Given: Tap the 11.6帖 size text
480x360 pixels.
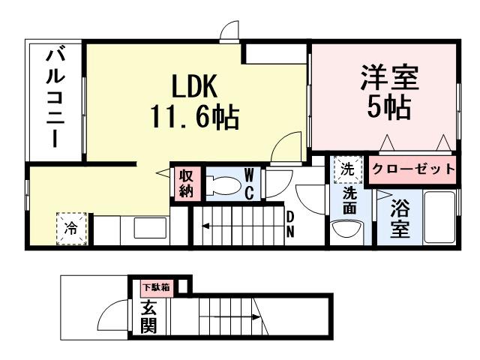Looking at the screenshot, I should click(196, 117).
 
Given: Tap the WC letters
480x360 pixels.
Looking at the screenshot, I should click(250, 184).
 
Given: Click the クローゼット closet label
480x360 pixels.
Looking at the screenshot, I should click(413, 169).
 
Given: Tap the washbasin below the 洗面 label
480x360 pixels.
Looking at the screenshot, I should click(346, 228).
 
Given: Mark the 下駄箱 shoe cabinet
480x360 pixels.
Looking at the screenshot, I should click(154, 286).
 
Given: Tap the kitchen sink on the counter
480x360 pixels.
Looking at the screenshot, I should click(145, 227).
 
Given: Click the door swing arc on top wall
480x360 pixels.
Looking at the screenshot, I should click(229, 30).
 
